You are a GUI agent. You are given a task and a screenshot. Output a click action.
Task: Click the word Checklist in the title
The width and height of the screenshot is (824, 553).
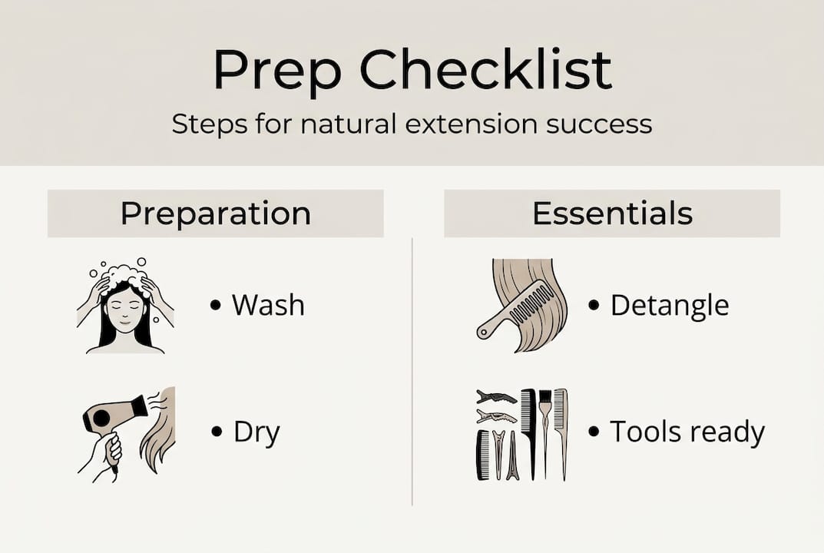[x=486, y=71]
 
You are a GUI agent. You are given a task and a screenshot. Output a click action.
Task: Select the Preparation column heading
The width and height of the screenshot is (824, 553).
[x=216, y=214]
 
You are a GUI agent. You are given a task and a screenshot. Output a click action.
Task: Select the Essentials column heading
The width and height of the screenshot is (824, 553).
[x=612, y=214]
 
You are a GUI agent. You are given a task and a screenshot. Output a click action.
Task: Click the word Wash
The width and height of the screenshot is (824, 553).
[x=268, y=306]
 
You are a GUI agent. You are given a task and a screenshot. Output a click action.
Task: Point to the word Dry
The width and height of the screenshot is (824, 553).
[x=256, y=432]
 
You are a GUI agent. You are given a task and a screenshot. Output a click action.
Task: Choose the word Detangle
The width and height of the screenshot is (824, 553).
[x=669, y=306]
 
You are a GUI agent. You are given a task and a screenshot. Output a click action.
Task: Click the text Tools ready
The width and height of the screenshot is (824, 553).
[x=687, y=432]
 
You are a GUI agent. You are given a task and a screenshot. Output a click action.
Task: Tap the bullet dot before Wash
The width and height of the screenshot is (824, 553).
[x=216, y=306]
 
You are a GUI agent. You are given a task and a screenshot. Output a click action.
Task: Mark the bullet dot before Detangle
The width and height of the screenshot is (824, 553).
[x=594, y=306]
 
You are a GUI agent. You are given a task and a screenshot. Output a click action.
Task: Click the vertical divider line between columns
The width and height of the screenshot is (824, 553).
[x=412, y=369]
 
